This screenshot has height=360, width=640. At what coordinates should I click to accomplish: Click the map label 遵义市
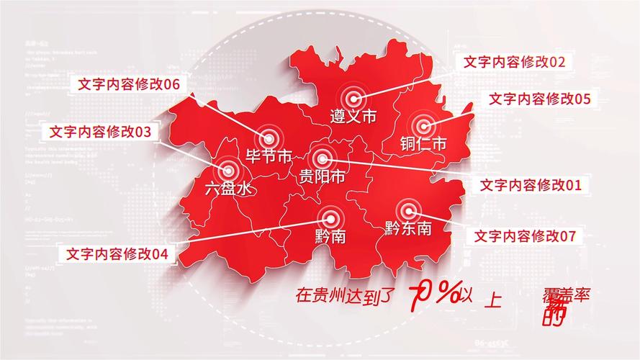point(353,116)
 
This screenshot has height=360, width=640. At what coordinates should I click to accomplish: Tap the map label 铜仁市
point(424,143)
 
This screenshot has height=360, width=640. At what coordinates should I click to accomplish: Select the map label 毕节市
point(268,156)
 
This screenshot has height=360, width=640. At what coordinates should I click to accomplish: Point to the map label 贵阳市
point(322,176)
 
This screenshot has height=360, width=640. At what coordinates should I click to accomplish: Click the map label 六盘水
point(228,189)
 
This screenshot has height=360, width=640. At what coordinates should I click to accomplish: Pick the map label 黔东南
point(408,229)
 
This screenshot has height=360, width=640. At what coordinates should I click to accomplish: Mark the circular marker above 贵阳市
point(321,158)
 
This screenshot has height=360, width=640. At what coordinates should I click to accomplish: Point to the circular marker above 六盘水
point(229,171)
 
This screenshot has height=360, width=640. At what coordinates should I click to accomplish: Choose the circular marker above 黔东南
point(408,211)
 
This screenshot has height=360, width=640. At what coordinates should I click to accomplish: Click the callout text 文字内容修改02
point(515,62)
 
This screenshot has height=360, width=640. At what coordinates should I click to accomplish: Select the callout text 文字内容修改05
point(540,99)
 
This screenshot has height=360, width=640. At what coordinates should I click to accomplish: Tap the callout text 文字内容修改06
point(129,84)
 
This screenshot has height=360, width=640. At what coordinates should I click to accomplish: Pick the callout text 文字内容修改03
point(101,132)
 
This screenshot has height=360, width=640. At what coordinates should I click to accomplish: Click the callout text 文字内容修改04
point(117,253)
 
